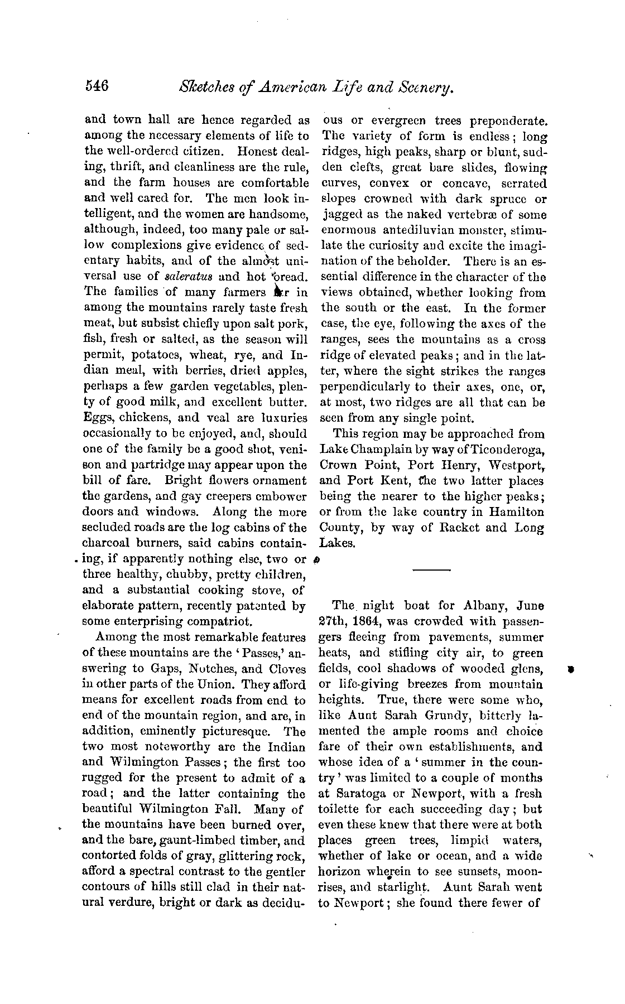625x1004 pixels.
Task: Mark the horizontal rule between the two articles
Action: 431,570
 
